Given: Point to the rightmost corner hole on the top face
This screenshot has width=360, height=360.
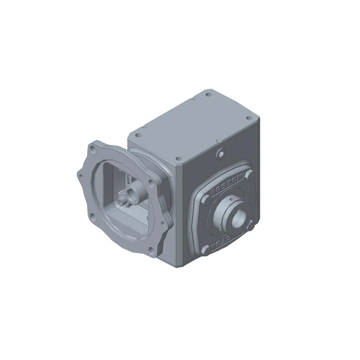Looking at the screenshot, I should (x=248, y=118).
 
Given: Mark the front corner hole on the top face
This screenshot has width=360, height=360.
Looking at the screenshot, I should (x=177, y=158).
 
